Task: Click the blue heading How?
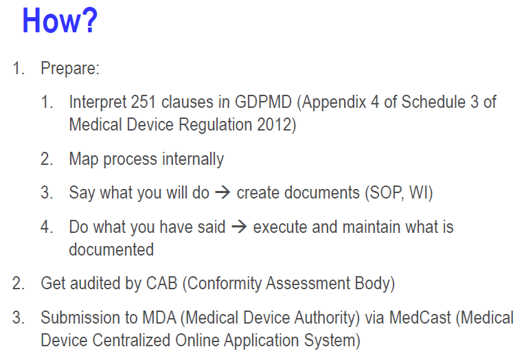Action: (x=60, y=21)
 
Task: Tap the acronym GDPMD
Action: (x=263, y=102)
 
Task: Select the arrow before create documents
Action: (x=223, y=192)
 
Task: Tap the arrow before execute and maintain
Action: (x=239, y=227)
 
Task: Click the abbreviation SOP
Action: (x=384, y=193)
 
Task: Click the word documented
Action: (x=111, y=249)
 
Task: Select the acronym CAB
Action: (x=161, y=283)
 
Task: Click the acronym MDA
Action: (x=159, y=317)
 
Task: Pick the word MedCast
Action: (x=420, y=317)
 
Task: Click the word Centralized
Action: (x=131, y=340)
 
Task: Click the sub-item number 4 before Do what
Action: (x=46, y=227)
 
